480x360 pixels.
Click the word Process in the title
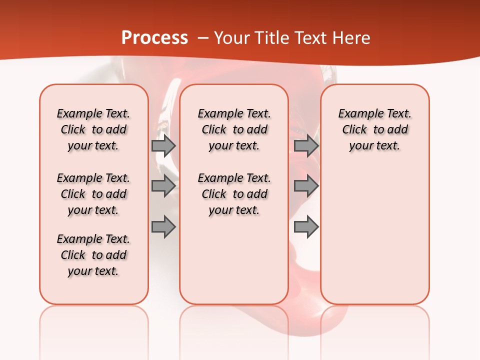coord(154,38)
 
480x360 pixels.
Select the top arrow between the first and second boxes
coord(163,145)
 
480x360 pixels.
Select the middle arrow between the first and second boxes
coord(163,186)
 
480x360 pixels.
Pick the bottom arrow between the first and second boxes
coord(163,227)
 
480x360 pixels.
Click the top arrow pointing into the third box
coord(306,145)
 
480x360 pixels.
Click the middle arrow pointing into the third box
coord(306,186)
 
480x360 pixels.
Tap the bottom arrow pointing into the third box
coord(306,227)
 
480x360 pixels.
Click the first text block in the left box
coord(93,129)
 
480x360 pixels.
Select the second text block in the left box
coord(93,194)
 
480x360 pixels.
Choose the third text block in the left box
coord(93,255)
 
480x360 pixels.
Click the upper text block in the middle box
coord(234,129)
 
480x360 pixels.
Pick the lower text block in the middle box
coord(234,194)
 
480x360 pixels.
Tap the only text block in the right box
coord(374,129)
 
